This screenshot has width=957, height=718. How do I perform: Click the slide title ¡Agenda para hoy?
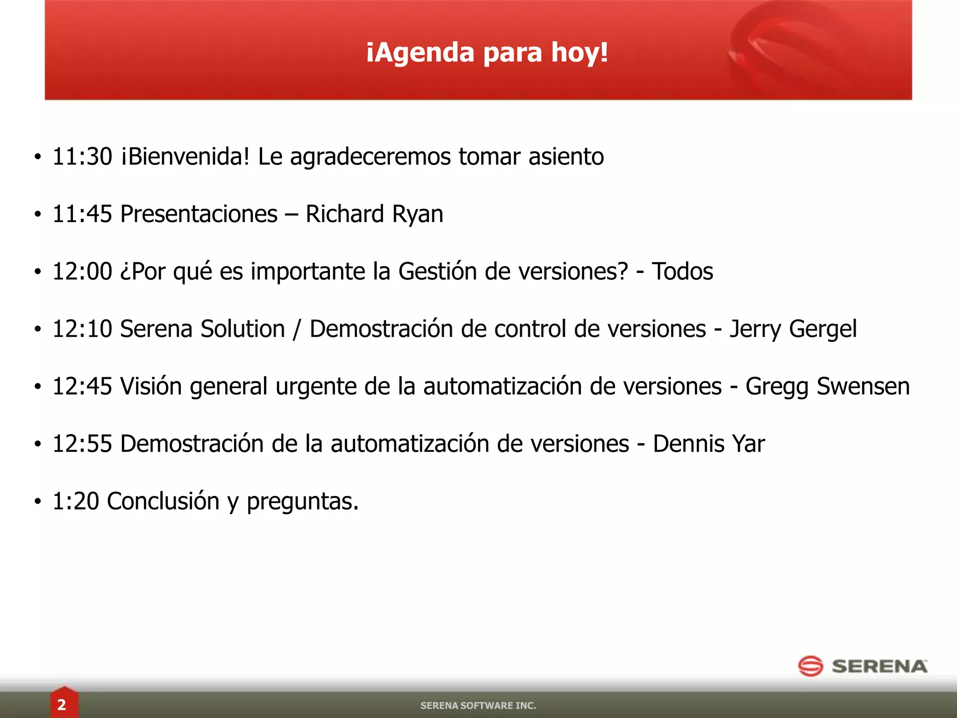point(487,52)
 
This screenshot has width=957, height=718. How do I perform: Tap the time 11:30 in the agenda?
point(82,157)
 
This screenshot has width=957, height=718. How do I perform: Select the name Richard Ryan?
point(374,214)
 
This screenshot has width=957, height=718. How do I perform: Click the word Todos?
point(682,272)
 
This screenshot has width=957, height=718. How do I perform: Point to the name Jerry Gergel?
point(793,329)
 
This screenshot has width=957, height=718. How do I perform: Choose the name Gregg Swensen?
point(828,387)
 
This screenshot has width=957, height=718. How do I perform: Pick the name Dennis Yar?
point(709,444)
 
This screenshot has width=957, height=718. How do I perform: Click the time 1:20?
point(76,502)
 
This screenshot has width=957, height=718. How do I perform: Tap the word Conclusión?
point(163,502)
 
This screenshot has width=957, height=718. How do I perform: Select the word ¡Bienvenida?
point(186,157)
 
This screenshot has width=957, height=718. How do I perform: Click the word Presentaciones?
point(199,214)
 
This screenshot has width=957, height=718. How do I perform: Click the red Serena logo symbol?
point(810,666)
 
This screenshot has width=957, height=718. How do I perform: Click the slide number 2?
point(62,704)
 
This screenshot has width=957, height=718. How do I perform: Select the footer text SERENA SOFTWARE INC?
point(478,705)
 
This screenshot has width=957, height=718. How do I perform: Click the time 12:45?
point(82,387)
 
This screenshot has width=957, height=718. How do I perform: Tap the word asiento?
point(566,157)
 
